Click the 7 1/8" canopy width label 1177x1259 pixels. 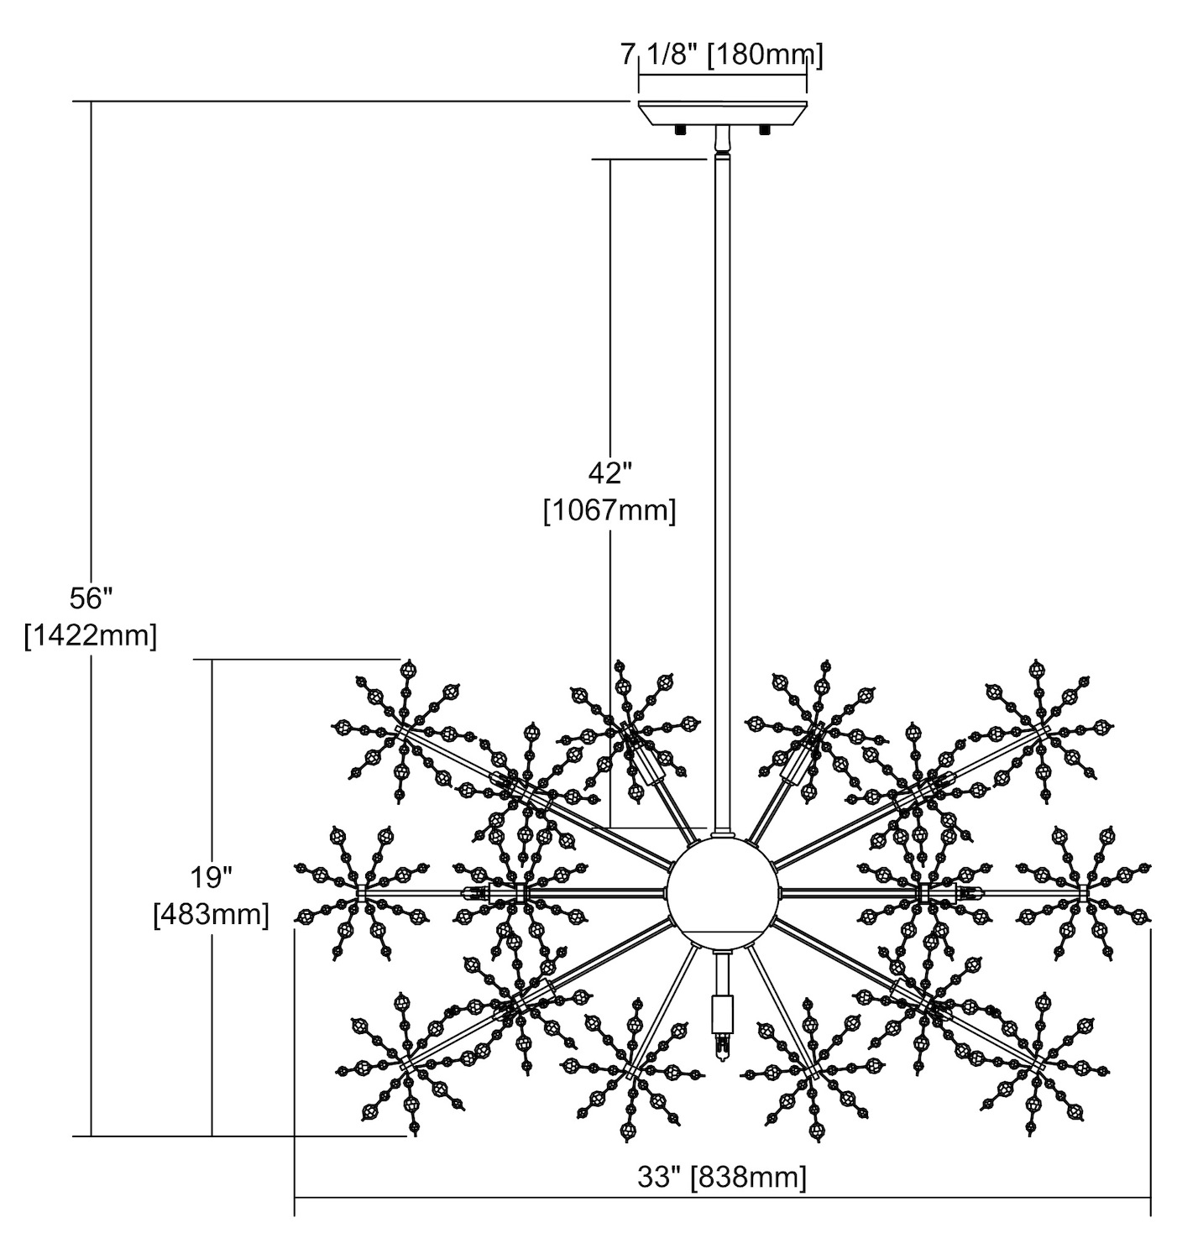tap(722, 56)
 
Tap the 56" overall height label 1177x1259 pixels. tap(91, 598)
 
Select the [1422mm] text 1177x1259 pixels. tap(91, 636)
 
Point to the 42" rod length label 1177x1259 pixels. tap(609, 473)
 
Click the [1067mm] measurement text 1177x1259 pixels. tap(609, 510)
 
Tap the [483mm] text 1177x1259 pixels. tap(211, 914)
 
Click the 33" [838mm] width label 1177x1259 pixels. tap(722, 1177)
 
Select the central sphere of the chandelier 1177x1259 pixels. tap(722, 891)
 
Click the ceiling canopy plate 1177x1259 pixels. tap(722, 112)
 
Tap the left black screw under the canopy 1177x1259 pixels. tap(679, 129)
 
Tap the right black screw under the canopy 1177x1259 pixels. tap(764, 129)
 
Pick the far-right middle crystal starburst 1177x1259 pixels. tap(1083, 888)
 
